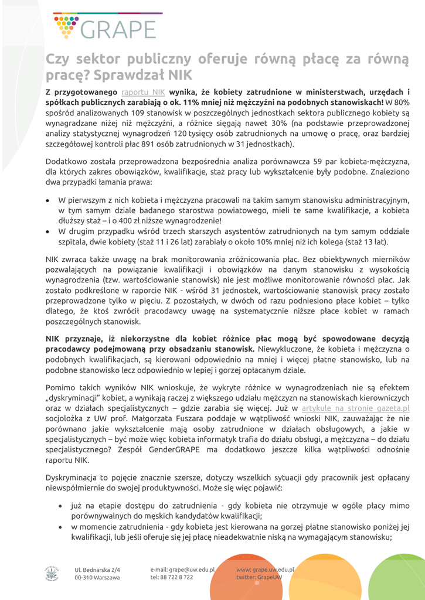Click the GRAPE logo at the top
[104, 26]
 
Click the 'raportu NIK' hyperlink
[143, 92]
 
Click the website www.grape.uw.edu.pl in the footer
[265, 569]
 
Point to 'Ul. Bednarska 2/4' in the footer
[97, 569]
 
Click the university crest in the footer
[51, 572]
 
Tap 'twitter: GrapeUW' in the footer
[259, 577]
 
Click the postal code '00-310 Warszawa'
[97, 577]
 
